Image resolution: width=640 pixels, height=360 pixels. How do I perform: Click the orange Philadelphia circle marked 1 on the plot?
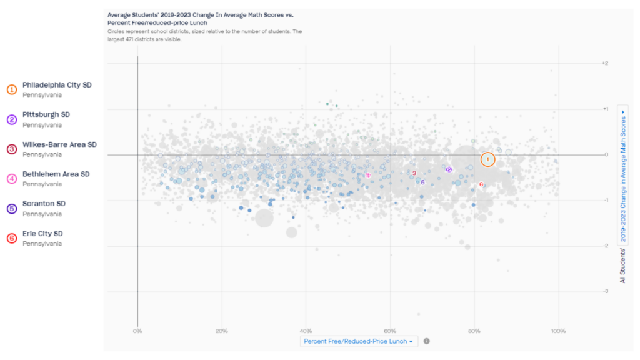[487, 159]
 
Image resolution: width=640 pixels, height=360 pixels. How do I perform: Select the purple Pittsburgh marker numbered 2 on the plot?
[449, 169]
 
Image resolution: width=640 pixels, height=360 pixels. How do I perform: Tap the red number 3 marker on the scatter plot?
[414, 173]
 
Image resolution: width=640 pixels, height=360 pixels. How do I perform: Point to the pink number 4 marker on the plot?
[368, 176]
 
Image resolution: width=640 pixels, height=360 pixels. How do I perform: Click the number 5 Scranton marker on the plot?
[422, 182]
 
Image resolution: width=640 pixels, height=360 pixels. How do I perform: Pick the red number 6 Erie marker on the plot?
[481, 184]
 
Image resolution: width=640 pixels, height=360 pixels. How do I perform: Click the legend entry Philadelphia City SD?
[57, 85]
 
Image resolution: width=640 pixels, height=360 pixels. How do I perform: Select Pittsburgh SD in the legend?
[46, 115]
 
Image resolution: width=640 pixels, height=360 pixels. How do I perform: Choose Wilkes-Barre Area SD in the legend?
[59, 144]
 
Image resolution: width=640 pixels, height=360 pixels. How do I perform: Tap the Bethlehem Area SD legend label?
[56, 174]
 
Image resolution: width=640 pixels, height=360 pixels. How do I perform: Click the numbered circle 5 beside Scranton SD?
[12, 209]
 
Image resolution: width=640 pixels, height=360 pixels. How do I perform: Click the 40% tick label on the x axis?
[306, 331]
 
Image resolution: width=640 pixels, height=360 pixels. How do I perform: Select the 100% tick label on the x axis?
[559, 331]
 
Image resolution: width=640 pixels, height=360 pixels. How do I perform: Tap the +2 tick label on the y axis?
[604, 63]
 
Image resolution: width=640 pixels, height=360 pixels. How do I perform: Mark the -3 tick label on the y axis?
[604, 291]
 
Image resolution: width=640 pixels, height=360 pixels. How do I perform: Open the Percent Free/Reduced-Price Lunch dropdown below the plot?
[358, 341]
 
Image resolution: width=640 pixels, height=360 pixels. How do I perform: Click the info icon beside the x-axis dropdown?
[426, 341]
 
